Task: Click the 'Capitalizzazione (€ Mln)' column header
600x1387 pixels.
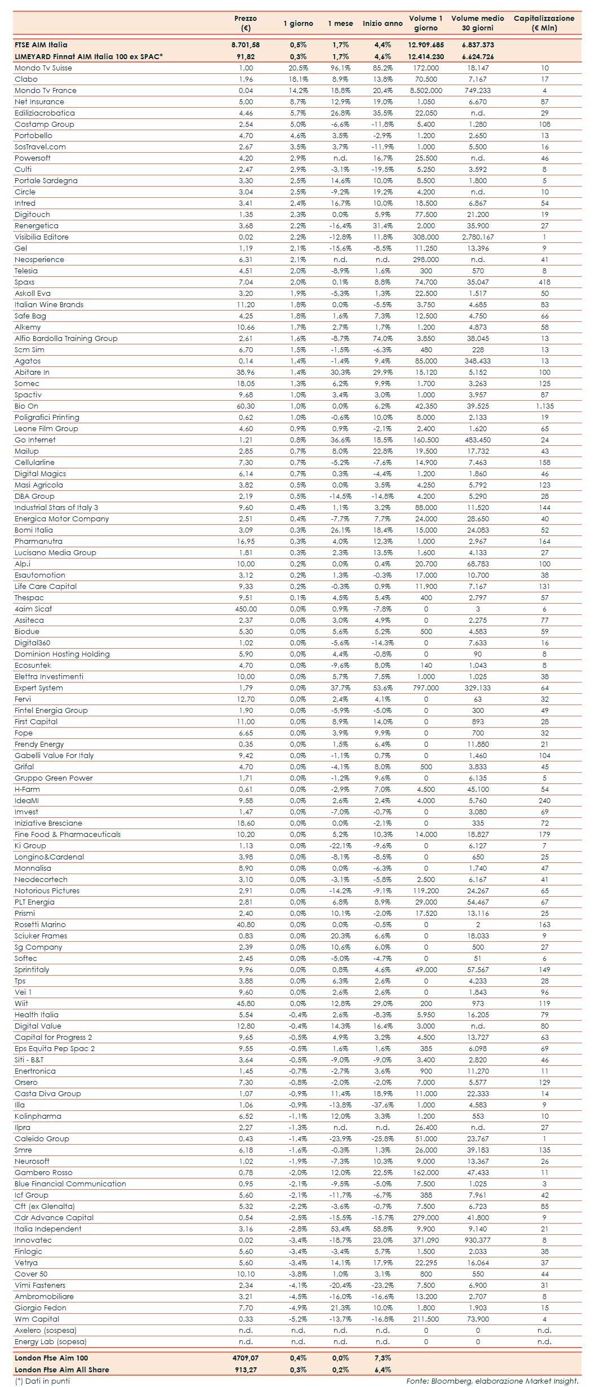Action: click(544, 23)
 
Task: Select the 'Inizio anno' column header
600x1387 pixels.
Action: click(383, 24)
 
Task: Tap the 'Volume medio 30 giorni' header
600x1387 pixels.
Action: click(478, 23)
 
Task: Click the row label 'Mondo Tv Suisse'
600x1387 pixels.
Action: click(43, 68)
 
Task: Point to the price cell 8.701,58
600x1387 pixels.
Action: click(246, 45)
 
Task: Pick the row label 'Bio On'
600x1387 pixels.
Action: click(26, 406)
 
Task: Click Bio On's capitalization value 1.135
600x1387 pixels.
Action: click(544, 406)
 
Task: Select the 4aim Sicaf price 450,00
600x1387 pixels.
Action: click(246, 609)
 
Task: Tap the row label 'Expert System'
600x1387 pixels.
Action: click(39, 688)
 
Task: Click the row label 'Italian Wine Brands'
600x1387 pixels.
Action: click(49, 305)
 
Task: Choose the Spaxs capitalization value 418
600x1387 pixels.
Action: click(544, 282)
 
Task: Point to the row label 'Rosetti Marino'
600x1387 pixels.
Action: click(40, 925)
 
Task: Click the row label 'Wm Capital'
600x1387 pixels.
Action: click(37, 1319)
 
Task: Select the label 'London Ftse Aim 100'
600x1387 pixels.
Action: click(51, 1358)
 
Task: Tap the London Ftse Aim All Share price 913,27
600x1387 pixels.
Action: click(246, 1370)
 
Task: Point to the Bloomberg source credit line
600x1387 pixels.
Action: click(492, 1381)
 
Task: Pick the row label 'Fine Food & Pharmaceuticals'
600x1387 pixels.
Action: click(68, 835)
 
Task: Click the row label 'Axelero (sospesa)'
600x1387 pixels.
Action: click(46, 1331)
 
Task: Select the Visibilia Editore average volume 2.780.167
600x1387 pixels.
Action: click(478, 237)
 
